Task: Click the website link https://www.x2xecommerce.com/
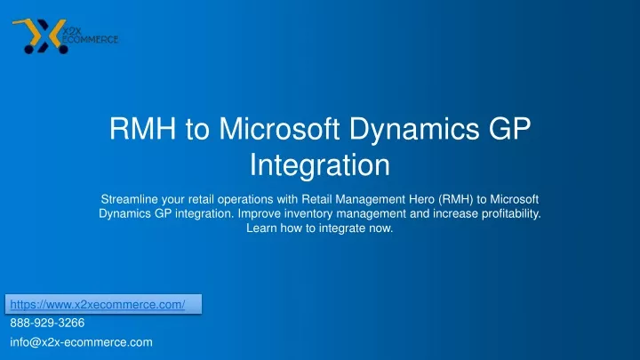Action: [x=98, y=305]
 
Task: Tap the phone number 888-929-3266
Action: [x=47, y=323]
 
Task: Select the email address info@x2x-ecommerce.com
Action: [x=81, y=342]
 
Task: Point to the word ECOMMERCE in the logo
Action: [x=90, y=40]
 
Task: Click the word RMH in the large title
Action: [x=142, y=129]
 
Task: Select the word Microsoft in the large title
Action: [x=279, y=129]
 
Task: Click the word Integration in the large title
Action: [x=320, y=166]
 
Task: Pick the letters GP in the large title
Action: [x=509, y=129]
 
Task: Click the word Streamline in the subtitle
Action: [x=130, y=199]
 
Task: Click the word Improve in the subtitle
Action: [x=260, y=214]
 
